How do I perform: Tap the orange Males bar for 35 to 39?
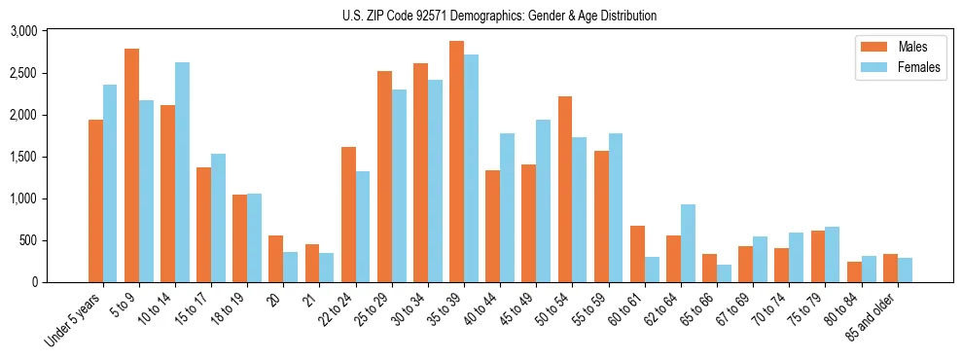pos(456,162)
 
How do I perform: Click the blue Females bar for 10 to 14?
pos(182,172)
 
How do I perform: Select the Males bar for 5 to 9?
pos(131,165)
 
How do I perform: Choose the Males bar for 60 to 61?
pos(637,254)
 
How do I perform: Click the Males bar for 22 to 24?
pos(348,214)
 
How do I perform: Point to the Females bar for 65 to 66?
pos(724,273)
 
